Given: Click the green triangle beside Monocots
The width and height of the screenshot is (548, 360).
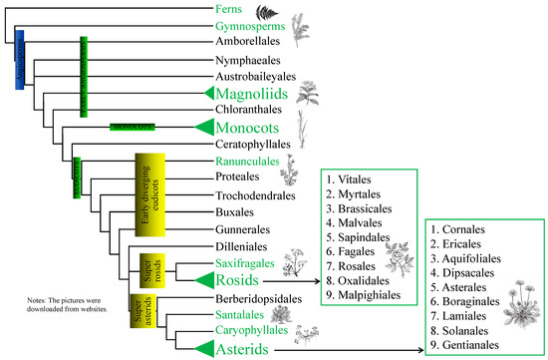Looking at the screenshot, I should click(x=204, y=128).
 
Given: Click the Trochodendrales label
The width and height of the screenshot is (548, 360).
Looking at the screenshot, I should click(x=254, y=195).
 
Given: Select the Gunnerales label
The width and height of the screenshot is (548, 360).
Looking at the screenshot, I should click(x=242, y=229).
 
